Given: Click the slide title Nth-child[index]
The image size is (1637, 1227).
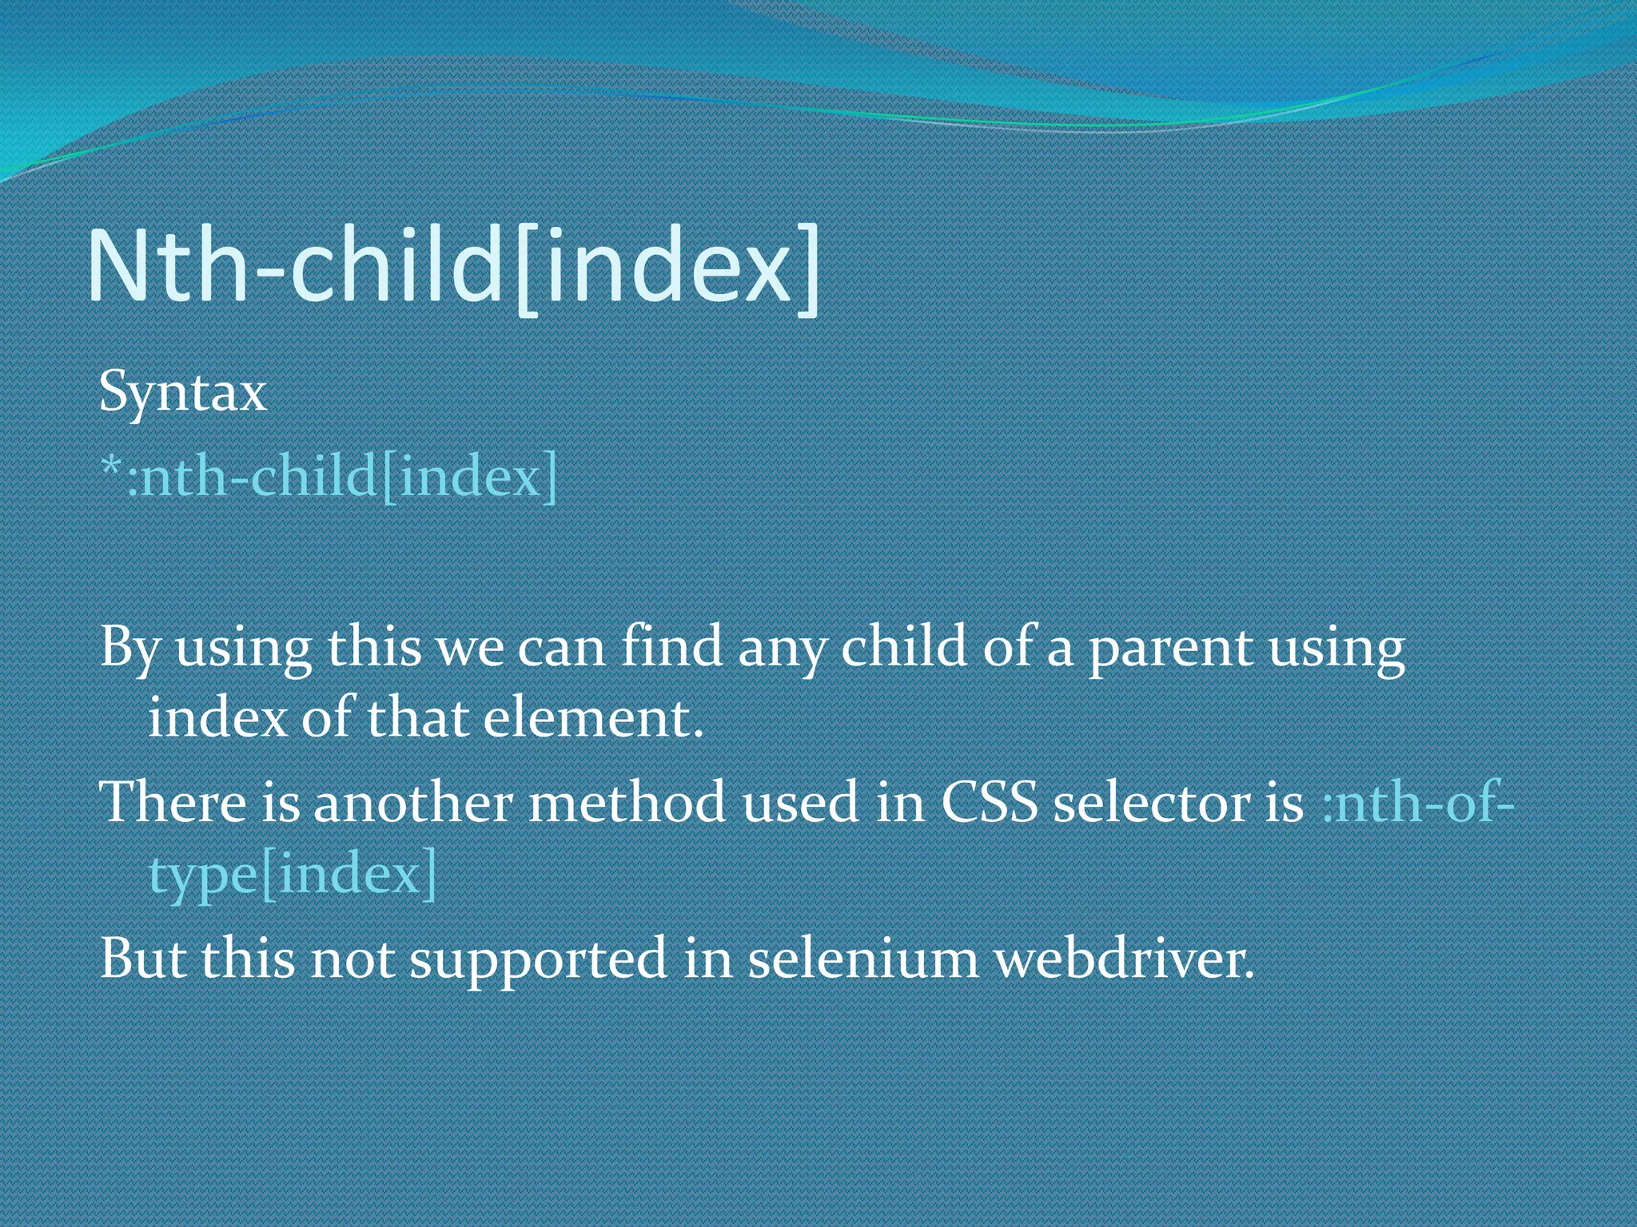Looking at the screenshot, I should point(453,266).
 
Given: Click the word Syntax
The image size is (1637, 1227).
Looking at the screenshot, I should point(182,393).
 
